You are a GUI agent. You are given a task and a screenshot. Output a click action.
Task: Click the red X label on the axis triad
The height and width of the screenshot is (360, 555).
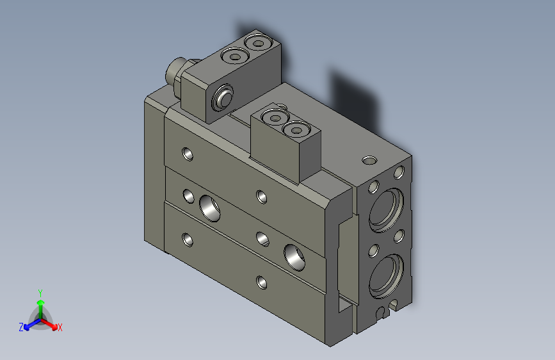click(x=60, y=327)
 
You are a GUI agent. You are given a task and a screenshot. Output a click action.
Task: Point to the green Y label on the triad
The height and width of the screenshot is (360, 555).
click(x=40, y=292)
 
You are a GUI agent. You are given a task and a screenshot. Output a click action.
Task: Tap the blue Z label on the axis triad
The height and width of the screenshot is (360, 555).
click(x=21, y=327)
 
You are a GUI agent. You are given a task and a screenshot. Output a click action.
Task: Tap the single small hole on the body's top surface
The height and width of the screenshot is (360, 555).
click(x=369, y=159)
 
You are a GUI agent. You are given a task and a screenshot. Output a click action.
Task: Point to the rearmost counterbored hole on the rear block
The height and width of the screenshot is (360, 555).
click(x=259, y=44)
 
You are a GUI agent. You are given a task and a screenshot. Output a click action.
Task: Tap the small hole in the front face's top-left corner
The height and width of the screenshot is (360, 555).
click(x=188, y=154)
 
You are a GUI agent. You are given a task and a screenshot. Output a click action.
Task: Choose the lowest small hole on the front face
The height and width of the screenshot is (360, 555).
click(x=261, y=281)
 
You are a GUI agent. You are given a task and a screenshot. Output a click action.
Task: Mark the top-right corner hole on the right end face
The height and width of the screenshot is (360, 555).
click(x=399, y=172)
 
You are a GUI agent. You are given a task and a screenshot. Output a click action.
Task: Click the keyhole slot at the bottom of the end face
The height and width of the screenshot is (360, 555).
click(x=383, y=313)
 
